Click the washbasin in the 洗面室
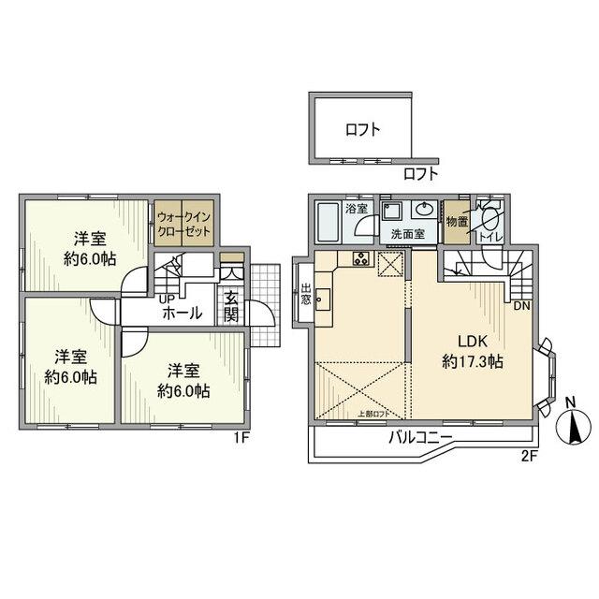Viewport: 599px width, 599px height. tap(425, 210)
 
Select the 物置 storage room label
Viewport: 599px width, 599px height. tap(457, 221)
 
